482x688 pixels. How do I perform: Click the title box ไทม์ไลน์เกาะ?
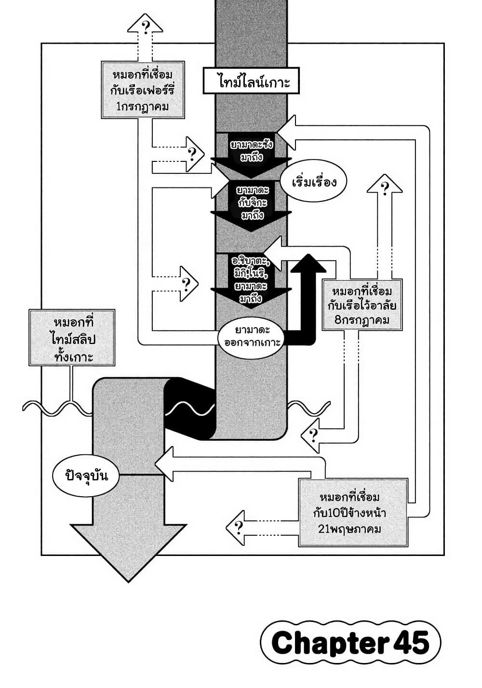tap(252, 81)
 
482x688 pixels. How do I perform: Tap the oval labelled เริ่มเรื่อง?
tap(313, 183)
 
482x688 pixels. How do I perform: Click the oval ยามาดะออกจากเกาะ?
tap(252, 337)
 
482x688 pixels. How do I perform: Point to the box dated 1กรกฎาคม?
tap(143, 90)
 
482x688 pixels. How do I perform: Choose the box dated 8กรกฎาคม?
tap(361, 305)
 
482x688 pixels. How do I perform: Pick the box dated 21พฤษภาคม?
tap(353, 513)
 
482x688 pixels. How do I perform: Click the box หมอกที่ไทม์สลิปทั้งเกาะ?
tap(72, 338)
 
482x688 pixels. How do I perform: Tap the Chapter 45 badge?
tap(350, 643)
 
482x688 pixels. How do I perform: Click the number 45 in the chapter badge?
tap(411, 643)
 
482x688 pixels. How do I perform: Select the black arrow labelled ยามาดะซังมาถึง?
tap(251, 153)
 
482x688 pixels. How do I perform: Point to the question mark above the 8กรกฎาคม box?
tap(385, 188)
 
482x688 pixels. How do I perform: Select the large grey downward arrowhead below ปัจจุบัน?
tap(128, 549)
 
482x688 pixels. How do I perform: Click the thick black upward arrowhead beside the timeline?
tap(306, 264)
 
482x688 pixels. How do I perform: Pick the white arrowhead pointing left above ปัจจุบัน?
tap(165, 464)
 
